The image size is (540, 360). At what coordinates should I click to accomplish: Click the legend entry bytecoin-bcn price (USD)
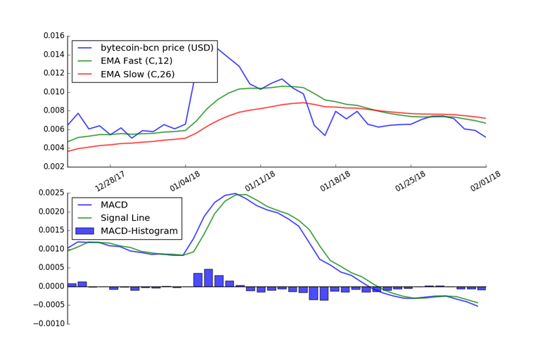(151, 48)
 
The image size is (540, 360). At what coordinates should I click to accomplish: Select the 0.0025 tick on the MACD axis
(49, 193)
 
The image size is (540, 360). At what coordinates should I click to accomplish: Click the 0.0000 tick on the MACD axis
(49, 286)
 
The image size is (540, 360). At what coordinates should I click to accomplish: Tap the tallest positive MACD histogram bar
(208, 278)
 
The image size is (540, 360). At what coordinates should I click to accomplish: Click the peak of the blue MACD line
(236, 193)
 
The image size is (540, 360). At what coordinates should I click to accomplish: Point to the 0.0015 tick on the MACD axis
(49, 230)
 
